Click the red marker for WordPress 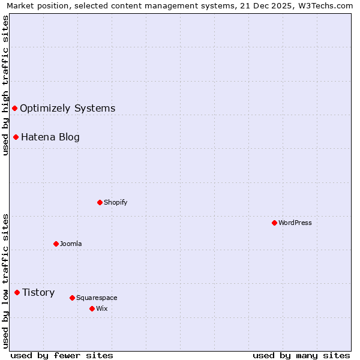274,223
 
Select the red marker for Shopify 100,202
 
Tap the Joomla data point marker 56,244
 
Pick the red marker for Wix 92,308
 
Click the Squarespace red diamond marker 72,298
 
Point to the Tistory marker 17,292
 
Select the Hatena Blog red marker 16,137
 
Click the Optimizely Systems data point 14,108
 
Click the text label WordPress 295,223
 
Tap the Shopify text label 115,202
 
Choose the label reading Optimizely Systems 67,108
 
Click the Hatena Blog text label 50,137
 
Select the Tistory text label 38,292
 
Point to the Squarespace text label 97,298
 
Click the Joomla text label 71,244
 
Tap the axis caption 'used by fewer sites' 62,355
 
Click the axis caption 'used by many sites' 301,355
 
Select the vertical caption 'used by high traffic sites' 5,86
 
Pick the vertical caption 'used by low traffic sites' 5,281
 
